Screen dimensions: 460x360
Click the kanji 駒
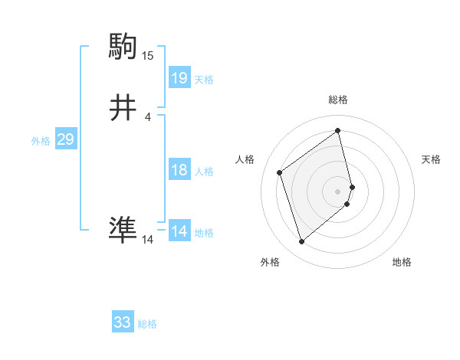[123, 46]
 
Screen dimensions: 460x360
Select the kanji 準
[123, 228]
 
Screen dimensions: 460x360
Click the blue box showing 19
[179, 78]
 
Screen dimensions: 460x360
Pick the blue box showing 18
[179, 170]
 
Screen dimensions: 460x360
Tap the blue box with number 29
[65, 139]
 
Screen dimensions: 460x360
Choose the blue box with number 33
[123, 322]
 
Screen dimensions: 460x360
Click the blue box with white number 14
[179, 231]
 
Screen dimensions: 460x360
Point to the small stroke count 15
[148, 55]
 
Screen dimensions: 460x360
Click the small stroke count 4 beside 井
[148, 117]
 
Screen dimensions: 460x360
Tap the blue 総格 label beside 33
[147, 324]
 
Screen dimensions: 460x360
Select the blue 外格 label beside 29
[41, 141]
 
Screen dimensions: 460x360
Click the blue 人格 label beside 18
[204, 172]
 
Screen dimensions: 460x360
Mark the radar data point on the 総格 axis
[338, 131]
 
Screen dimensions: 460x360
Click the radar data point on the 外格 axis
[301, 242]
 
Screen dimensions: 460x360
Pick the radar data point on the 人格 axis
[280, 172]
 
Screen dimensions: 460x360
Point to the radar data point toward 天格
[352, 186]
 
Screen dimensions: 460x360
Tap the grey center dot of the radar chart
[338, 191]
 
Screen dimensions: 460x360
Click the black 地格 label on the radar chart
[402, 263]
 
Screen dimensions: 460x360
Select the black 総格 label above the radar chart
[338, 100]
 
